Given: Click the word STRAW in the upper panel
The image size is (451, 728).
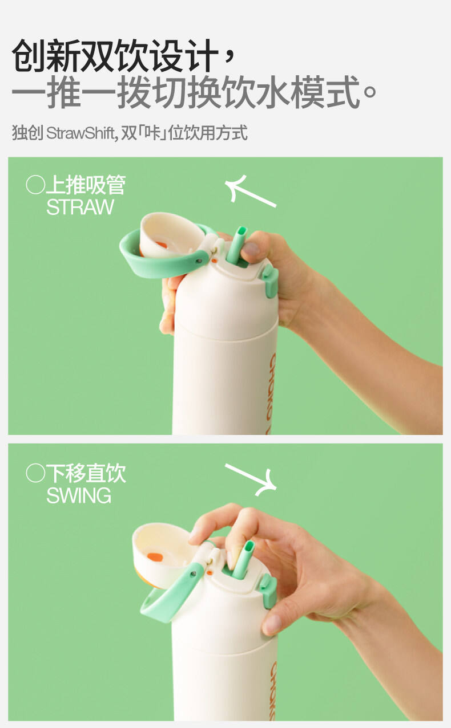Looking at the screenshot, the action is [80, 207].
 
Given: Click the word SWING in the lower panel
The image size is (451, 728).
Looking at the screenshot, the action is [79, 495].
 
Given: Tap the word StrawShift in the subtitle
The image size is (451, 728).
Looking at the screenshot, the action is [80, 133].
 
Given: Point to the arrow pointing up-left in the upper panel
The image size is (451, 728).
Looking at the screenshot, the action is [250, 191].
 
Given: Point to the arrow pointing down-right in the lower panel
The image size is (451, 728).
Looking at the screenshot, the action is [251, 479].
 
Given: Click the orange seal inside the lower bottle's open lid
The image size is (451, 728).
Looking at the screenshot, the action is [155, 557].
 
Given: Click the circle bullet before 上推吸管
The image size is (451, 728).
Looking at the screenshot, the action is [35, 185].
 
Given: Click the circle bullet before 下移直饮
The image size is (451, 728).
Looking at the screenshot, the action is [35, 473].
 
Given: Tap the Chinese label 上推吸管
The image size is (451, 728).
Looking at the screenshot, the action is [86, 185].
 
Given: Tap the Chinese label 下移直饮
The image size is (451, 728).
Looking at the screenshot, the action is [86, 473].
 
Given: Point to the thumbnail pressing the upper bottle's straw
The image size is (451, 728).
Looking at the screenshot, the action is [251, 249].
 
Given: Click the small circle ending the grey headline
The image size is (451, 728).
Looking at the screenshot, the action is [369, 92].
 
